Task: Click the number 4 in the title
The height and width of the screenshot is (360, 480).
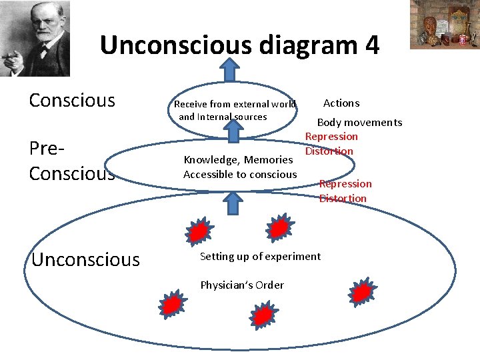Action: point(372,45)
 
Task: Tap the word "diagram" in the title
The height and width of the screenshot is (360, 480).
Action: point(297,45)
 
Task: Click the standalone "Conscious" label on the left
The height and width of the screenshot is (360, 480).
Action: point(72,101)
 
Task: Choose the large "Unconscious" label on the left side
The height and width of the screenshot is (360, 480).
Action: point(85,259)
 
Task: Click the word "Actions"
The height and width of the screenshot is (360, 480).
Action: point(341,103)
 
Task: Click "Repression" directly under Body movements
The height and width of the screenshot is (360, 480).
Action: point(331,136)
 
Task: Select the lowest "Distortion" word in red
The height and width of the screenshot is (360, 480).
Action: point(343,198)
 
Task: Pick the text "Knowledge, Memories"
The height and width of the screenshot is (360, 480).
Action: point(238,159)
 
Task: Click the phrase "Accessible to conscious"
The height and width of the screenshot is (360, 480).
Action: point(240,174)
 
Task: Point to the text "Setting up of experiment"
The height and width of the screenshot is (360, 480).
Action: point(260,256)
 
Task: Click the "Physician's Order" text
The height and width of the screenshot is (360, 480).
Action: point(242,285)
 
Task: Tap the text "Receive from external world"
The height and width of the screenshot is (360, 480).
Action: point(235,103)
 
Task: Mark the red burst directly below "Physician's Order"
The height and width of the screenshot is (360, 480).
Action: point(264,314)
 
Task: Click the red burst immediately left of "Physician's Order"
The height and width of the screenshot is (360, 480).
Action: point(172,304)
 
